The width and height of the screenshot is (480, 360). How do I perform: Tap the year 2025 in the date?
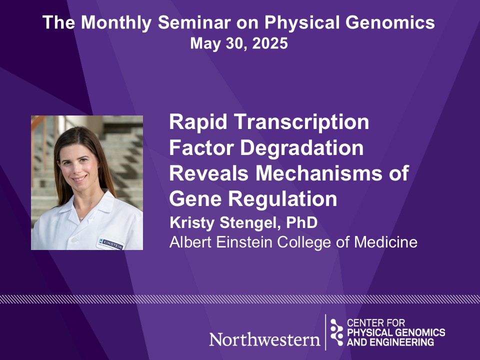[x=270, y=43]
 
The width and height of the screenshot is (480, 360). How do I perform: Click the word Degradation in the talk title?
[x=302, y=148]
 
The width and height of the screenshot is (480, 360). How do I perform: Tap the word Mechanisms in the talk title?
[x=318, y=173]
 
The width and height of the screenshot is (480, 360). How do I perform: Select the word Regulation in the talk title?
[x=282, y=199]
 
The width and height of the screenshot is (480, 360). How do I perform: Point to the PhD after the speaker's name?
[x=301, y=222]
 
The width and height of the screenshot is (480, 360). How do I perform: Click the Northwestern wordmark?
[x=265, y=339]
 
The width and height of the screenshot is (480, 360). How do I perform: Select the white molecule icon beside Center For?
[x=336, y=332]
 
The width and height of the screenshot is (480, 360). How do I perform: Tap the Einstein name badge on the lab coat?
[x=110, y=243]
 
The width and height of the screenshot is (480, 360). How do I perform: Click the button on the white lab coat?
[x=74, y=239]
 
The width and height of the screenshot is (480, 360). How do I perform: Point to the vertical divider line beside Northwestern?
[x=325, y=332]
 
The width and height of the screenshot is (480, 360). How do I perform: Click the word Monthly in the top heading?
[x=116, y=23]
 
